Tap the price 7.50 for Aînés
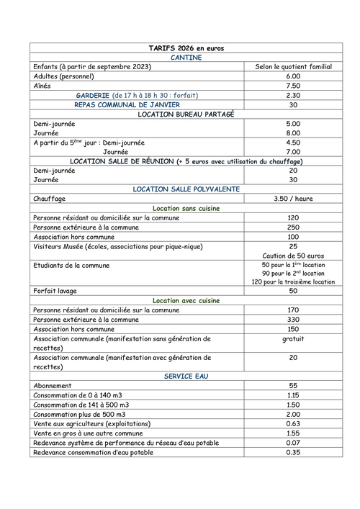[292, 86]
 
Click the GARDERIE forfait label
[137, 95]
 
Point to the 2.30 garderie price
[292, 95]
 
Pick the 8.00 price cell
[292, 133]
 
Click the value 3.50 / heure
[292, 199]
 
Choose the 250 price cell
[292, 228]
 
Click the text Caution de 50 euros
[292, 256]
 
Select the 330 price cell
[292, 320]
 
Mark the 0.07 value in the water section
[292, 442]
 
